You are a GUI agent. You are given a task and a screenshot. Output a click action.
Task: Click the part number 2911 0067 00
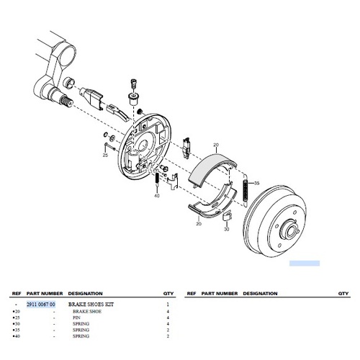pyautogui.click(x=40, y=305)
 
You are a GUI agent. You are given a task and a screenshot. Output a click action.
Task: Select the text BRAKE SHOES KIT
pyautogui.click(x=90, y=305)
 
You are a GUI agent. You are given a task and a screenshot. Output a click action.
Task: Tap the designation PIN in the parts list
pyautogui.click(x=77, y=317)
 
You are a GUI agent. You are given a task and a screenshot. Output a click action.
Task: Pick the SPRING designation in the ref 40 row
pyautogui.click(x=81, y=336)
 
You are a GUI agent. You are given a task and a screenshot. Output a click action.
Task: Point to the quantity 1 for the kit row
pyautogui.click(x=168, y=305)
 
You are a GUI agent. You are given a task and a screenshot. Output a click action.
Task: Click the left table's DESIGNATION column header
pyautogui.click(x=85, y=294)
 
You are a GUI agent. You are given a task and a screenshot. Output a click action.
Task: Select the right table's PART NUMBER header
pyautogui.click(x=219, y=294)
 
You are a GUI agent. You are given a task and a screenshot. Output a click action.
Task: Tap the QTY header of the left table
pyautogui.click(x=168, y=294)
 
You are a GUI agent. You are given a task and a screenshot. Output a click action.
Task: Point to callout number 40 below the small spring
pyautogui.click(x=156, y=196)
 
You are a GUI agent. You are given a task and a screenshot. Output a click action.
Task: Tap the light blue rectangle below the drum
pyautogui.click(x=304, y=264)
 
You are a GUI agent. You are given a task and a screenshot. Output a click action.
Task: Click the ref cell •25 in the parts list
pyautogui.click(x=16, y=317)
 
